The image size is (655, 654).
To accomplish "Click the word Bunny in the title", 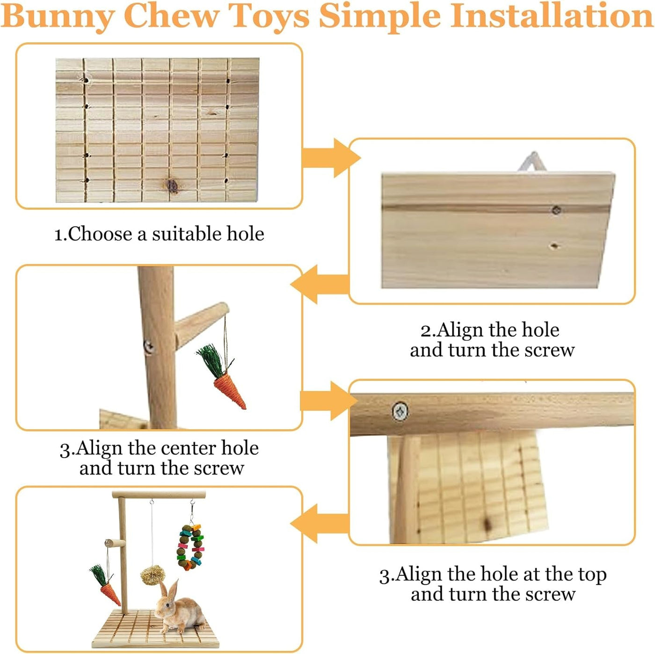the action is coord(58,17).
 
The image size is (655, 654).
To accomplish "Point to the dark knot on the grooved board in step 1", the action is coord(172,186).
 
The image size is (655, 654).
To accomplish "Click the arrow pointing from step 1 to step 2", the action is coord(331,158).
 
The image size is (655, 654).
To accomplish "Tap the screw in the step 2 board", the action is coord(556,210).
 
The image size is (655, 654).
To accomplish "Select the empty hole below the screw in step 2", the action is coord(554,245).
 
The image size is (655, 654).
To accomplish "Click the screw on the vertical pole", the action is coord(148,347).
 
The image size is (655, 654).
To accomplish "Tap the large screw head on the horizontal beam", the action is coord(400,411).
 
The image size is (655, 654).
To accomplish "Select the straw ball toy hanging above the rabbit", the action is coord(152,575).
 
